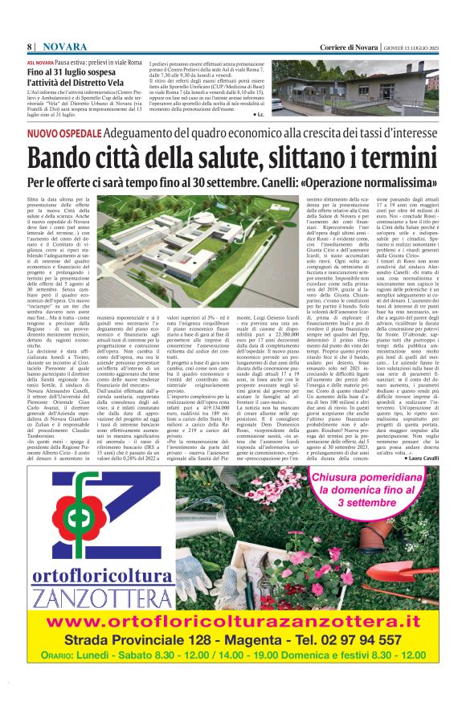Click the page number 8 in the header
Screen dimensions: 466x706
point(30,46)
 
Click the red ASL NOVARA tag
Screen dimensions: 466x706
point(40,62)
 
